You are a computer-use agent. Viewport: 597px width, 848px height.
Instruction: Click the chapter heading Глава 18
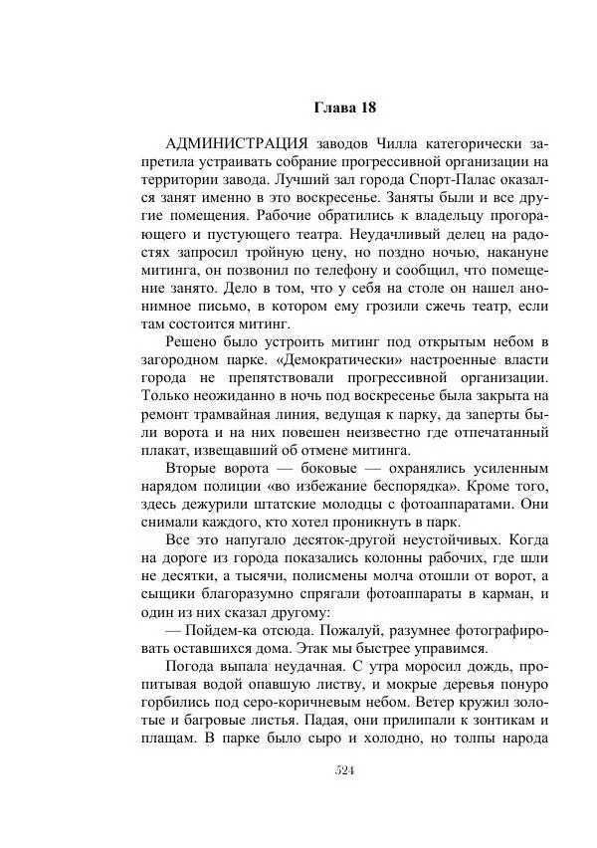344,106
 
